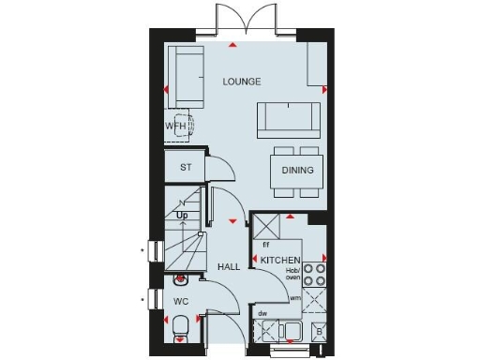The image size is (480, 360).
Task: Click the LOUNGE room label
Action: [242, 82]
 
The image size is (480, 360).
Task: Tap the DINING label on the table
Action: [298, 170]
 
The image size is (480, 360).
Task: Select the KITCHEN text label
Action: [280, 259]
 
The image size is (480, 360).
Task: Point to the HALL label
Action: [229, 266]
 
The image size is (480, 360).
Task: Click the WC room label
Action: [181, 302]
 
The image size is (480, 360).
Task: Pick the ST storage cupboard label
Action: [185, 166]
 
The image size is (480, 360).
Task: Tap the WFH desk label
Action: [175, 125]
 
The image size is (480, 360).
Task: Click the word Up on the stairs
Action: [183, 215]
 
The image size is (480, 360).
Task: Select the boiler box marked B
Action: [320, 332]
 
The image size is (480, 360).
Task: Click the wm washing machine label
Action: [294, 297]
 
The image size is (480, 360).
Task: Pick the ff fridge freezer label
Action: [266, 245]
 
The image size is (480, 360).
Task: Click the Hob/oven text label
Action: [293, 273]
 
